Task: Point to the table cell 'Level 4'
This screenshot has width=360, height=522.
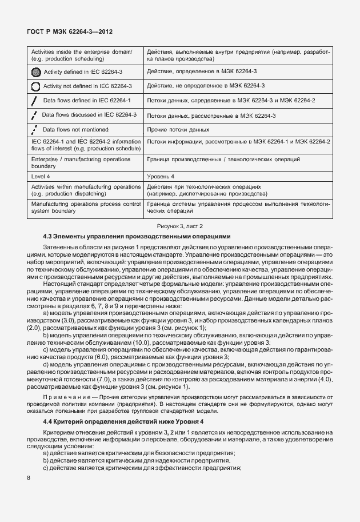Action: pyautogui.click(x=39, y=177)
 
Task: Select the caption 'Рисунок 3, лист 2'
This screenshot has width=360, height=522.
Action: pyautogui.click(x=180, y=226)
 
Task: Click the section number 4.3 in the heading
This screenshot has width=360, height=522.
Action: pyautogui.click(x=49, y=236)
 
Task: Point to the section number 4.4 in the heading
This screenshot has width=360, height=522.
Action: pyautogui.click(x=49, y=421)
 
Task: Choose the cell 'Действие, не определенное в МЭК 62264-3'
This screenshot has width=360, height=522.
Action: pyautogui.click(x=205, y=86)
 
